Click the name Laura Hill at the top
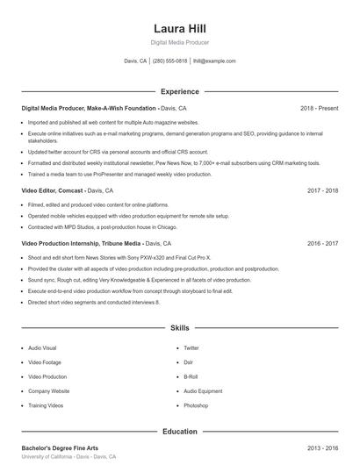179,27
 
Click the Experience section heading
179,91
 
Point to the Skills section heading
179,327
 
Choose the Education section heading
179,432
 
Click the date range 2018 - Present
319,108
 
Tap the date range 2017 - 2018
322,190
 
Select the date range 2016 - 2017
322,243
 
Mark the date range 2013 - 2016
322,447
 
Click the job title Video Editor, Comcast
53,190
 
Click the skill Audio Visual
42,347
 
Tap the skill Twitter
191,347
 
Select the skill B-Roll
191,376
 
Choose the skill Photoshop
196,405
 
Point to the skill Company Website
48,391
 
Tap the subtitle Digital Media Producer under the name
179,42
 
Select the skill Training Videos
46,405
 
